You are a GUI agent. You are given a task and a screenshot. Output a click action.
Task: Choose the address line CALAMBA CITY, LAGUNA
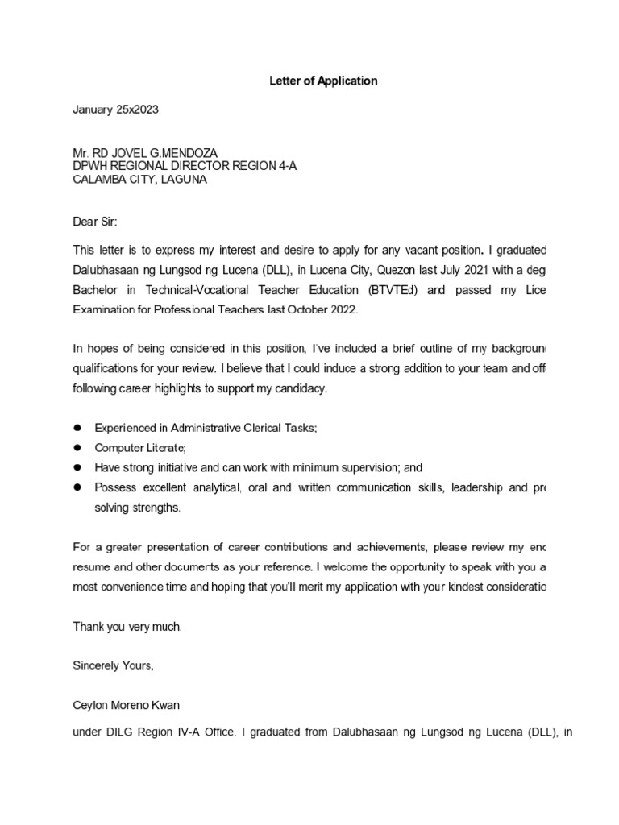pos(139,180)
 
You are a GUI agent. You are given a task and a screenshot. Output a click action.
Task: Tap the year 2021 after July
pos(463,269)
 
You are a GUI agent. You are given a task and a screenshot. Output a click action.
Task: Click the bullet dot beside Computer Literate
pos(77,447)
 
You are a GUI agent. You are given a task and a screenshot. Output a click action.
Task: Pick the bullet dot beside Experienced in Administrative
pos(77,427)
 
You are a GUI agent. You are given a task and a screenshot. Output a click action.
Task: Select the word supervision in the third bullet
pos(360,467)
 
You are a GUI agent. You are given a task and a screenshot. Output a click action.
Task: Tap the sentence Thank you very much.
pos(128,626)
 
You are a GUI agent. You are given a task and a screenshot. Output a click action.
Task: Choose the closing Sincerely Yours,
pos(113,665)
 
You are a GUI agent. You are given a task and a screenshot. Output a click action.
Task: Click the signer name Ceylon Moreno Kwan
pos(127,706)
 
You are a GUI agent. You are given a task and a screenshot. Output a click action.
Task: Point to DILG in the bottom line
pos(121,733)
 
